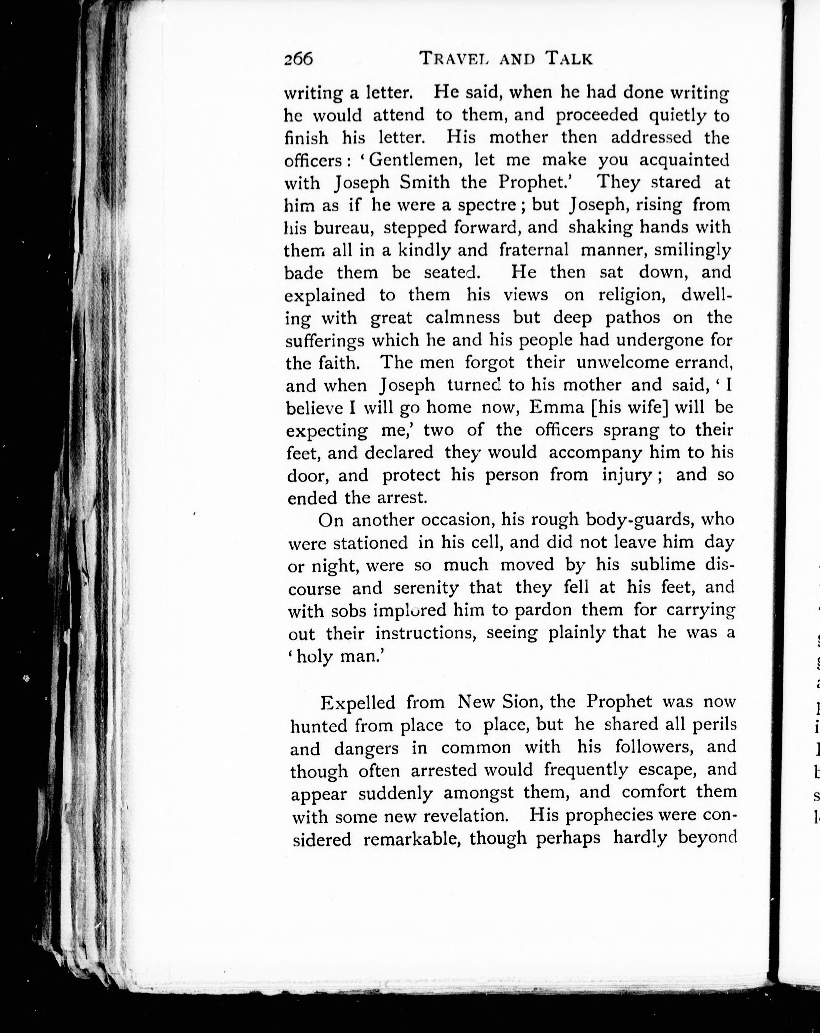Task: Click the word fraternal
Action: coord(534,250)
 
